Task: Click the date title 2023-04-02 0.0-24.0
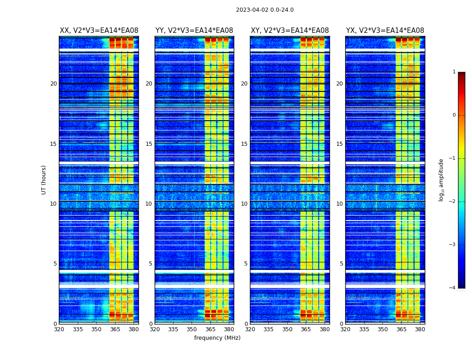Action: (x=265, y=10)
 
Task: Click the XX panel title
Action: (x=99, y=31)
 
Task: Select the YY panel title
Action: (x=194, y=31)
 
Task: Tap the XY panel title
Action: (x=289, y=31)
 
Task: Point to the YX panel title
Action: (x=385, y=31)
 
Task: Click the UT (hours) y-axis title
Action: (x=44, y=180)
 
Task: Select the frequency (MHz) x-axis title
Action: (x=217, y=338)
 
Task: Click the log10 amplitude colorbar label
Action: (x=441, y=180)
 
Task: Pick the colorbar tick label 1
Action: (x=454, y=72)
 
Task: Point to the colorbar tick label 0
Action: (x=454, y=115)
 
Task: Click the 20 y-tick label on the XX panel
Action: (x=53, y=84)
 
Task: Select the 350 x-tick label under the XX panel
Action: (x=96, y=329)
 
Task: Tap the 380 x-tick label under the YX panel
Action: (x=420, y=329)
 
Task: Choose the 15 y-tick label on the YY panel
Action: (x=149, y=144)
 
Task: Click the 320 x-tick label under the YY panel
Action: (x=155, y=329)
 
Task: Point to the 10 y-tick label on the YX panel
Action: (x=339, y=204)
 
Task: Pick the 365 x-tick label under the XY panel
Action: (x=306, y=329)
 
